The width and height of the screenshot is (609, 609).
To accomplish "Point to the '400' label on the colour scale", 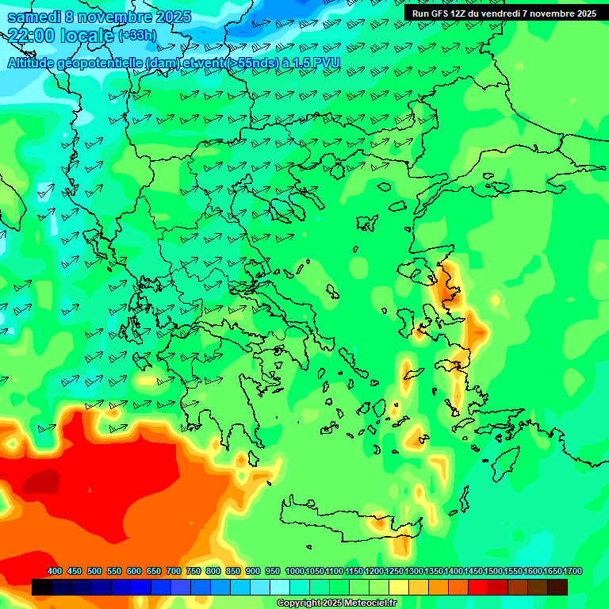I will coord(55,571).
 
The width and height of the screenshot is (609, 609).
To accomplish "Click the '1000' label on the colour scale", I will coord(294,571).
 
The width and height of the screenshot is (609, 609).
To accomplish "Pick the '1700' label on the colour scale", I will coord(573,571).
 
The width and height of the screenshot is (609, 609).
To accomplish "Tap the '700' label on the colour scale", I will coord(174,571).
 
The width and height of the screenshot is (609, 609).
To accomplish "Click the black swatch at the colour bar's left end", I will coord(42,587).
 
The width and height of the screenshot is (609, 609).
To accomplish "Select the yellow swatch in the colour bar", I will coord(399,587).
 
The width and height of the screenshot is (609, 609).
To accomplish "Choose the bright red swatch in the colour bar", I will coord(478,587).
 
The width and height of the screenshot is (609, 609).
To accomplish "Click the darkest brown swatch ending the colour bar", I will coord(557,587).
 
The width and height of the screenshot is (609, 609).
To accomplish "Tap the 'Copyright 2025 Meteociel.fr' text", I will coord(336,603).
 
